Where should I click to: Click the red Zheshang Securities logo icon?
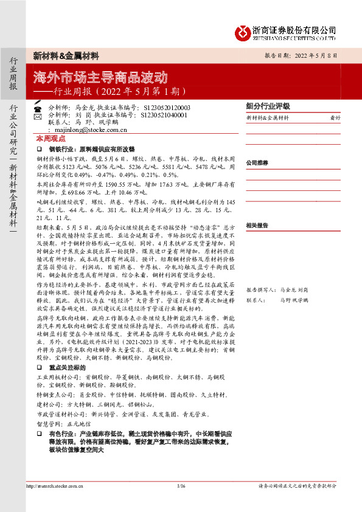[245, 31]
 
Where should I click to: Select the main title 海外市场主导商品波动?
[100, 78]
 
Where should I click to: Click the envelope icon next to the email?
[38, 129]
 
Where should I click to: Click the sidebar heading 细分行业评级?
[268, 105]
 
